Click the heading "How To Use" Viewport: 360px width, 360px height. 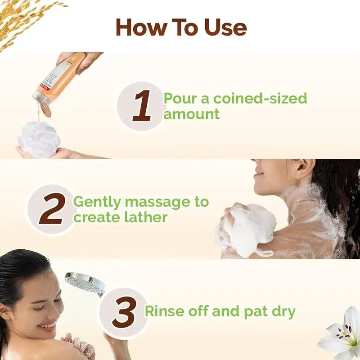(x=181, y=27)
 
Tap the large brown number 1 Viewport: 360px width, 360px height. (x=141, y=106)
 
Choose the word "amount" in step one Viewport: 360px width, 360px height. (x=191, y=114)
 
